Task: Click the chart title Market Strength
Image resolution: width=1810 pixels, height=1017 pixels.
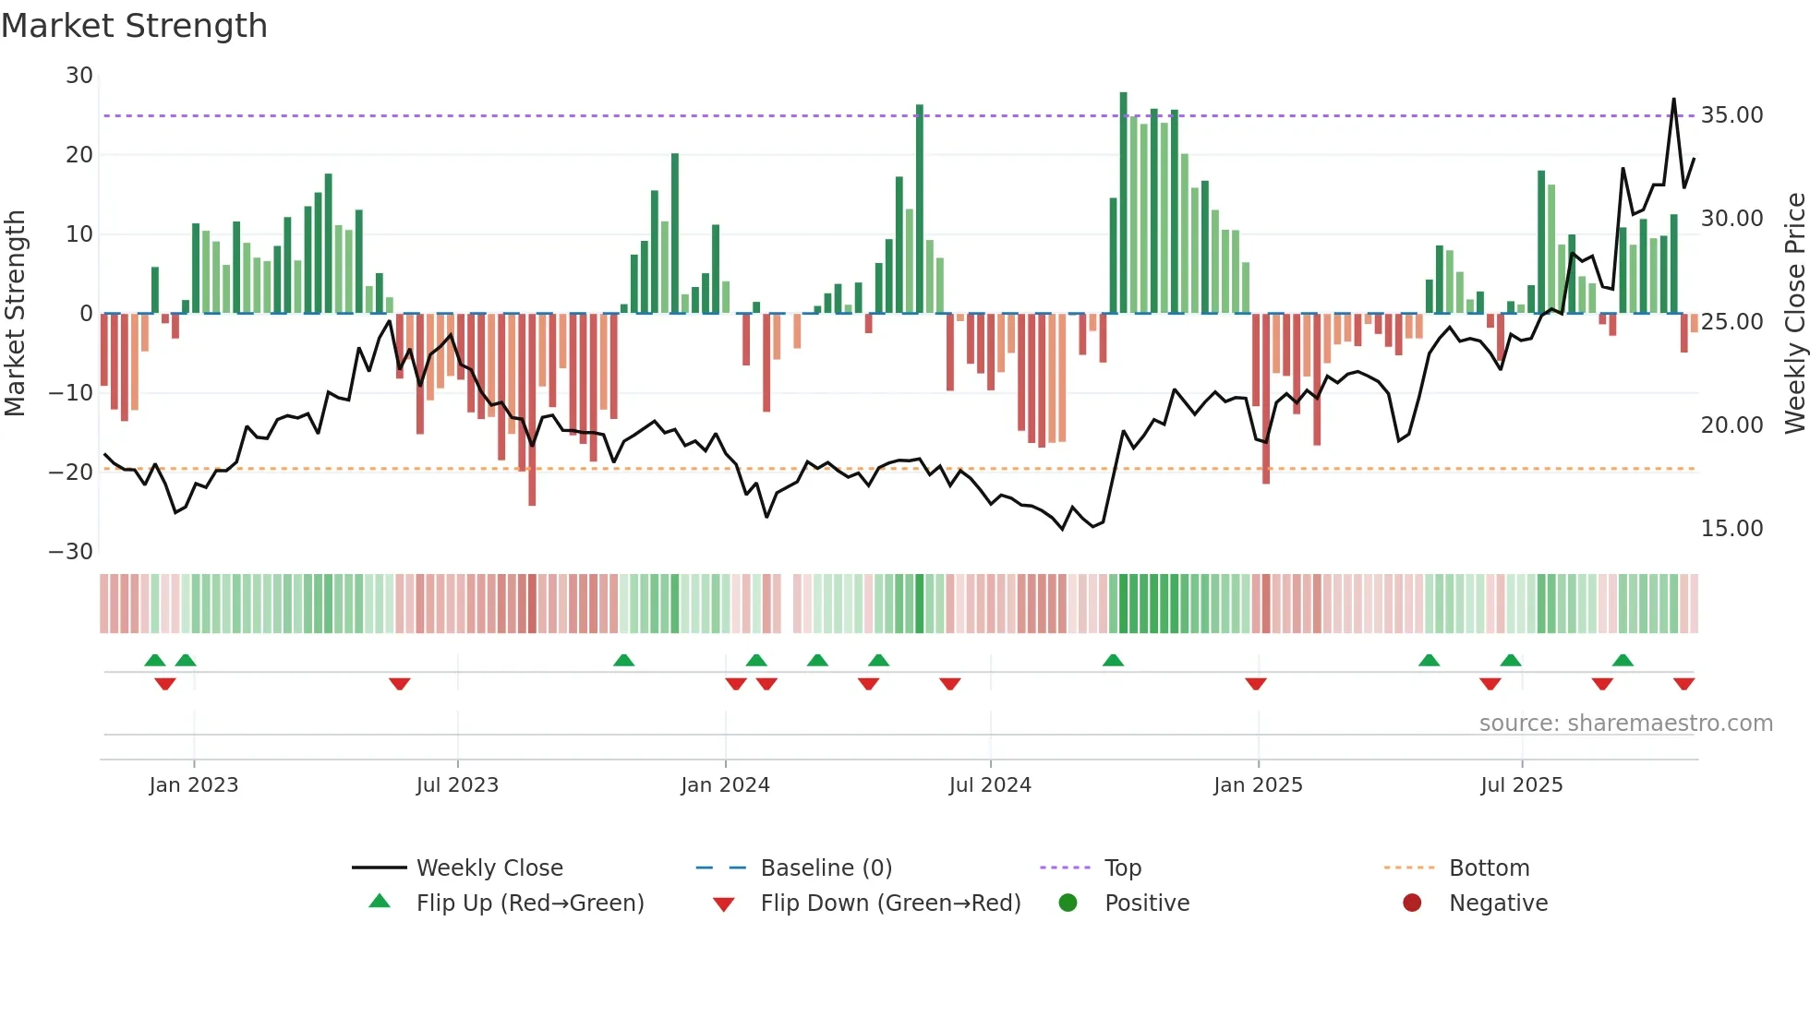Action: pos(134,26)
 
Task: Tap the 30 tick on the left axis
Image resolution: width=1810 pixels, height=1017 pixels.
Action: pos(79,76)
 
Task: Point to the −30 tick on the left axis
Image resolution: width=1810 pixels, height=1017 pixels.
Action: pos(71,552)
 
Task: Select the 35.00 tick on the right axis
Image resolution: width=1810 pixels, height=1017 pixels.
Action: pos(1732,115)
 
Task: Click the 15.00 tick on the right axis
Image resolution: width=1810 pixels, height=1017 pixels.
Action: pos(1732,529)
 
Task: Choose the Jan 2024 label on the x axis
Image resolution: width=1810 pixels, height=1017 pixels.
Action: pos(725,785)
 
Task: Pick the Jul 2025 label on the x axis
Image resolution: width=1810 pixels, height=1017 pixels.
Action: pos(1521,785)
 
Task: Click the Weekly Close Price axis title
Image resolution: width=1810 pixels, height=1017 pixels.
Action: pos(1794,314)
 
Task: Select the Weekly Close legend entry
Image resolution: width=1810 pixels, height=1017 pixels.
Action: pos(489,868)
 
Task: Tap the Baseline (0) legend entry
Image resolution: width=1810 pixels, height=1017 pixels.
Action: pos(826,868)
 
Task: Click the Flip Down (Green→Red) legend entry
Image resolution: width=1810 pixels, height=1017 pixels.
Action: pos(890,903)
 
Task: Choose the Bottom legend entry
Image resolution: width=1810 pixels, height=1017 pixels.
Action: pos(1489,868)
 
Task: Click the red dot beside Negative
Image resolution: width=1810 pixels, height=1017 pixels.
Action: pos(1412,903)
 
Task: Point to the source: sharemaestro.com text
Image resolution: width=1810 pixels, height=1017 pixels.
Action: pos(1625,724)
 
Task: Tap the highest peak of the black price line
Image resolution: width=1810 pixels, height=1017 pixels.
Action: pos(1673,100)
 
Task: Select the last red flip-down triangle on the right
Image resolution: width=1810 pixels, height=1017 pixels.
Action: pos(1683,684)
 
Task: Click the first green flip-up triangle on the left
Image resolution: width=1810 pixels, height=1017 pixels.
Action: pos(155,660)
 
